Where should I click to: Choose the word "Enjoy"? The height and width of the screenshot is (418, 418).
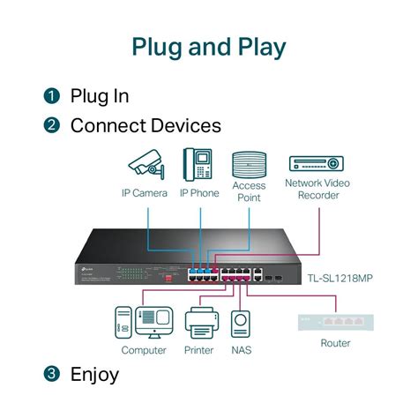(94, 374)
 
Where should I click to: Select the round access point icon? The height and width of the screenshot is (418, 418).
(249, 165)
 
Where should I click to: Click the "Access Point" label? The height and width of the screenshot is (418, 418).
(249, 192)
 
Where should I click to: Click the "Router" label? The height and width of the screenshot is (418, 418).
(335, 343)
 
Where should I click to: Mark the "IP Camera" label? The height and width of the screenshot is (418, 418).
(144, 192)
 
